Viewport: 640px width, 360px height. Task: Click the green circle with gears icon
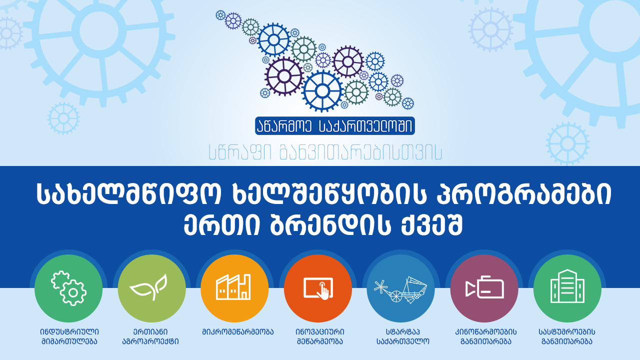pyautogui.click(x=68, y=288)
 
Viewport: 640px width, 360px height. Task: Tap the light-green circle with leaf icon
pyautogui.click(x=151, y=288)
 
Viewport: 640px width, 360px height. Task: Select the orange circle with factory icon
pyautogui.click(x=234, y=288)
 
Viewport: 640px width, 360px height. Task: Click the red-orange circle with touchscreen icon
pyautogui.click(x=318, y=288)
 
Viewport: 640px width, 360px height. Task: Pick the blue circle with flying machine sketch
pyautogui.click(x=401, y=288)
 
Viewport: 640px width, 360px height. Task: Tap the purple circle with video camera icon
pyautogui.click(x=484, y=288)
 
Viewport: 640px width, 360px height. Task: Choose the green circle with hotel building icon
pyautogui.click(x=567, y=288)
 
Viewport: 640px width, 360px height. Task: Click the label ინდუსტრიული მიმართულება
pyautogui.click(x=69, y=336)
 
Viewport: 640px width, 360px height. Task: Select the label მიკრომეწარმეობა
pyautogui.click(x=237, y=332)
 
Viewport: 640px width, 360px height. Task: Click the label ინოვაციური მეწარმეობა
pyautogui.click(x=320, y=336)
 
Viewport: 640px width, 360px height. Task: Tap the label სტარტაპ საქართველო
pyautogui.click(x=403, y=336)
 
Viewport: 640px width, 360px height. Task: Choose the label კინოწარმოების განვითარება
pyautogui.click(x=485, y=336)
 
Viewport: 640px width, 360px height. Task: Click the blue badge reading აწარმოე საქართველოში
pyautogui.click(x=335, y=125)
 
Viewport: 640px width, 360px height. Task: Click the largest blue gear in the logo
pyautogui.click(x=322, y=91)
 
